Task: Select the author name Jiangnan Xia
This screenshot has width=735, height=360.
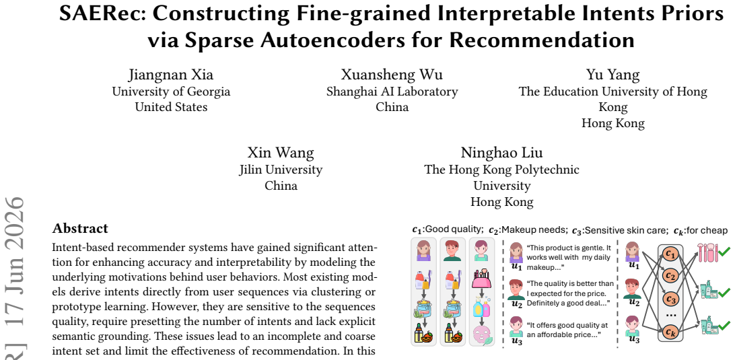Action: (171, 75)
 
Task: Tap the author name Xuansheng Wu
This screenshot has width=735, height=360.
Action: (392, 75)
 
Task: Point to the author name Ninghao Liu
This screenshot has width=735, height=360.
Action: (501, 153)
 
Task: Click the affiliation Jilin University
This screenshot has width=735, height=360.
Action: (281, 169)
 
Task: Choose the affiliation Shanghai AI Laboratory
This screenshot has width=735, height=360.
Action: (392, 92)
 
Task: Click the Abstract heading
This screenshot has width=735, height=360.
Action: (80, 229)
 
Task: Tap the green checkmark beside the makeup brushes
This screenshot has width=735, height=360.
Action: (724, 252)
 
